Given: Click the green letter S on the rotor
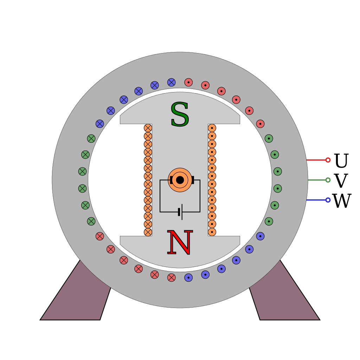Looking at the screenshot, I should click(180, 115).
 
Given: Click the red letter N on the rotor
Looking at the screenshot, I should click(180, 243).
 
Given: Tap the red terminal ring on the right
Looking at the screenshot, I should click(328, 160).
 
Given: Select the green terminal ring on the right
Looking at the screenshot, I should click(328, 180).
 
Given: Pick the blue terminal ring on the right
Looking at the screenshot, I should click(328, 200).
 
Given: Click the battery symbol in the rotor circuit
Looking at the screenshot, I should click(180, 212).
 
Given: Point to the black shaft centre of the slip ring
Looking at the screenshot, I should click(180, 180).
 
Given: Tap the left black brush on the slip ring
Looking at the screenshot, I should click(171, 180).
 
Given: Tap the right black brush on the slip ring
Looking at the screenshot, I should click(192, 180).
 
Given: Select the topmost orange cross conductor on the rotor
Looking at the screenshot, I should click(148, 128).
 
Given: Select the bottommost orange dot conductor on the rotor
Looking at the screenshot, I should click(212, 232).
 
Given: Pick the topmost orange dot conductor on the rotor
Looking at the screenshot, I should click(212, 128).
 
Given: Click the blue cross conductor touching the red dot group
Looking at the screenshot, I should click(171, 82).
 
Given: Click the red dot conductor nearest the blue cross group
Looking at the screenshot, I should click(188, 82).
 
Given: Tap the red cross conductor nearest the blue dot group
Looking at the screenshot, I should click(171, 278).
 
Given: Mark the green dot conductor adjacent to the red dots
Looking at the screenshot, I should click(269, 139).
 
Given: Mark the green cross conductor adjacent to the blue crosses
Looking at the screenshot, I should click(91, 139).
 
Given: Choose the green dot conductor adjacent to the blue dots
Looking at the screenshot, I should click(269, 221).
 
